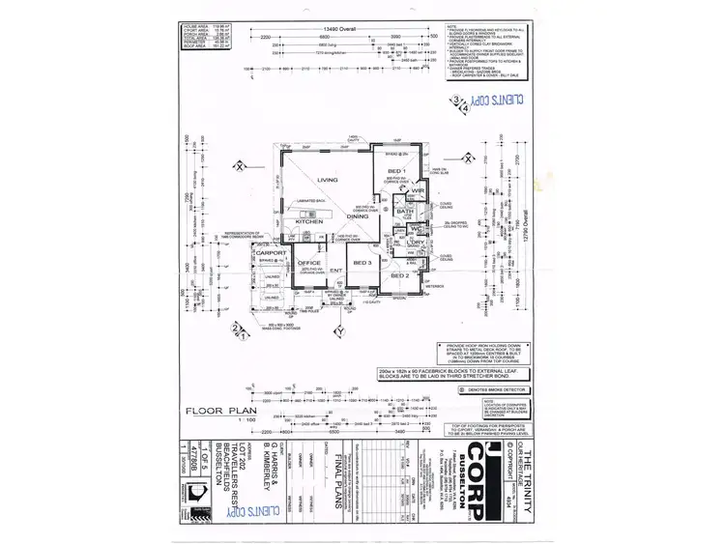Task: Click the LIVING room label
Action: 327,180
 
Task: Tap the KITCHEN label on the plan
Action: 309,221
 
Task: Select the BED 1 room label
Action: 394,170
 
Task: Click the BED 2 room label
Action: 399,275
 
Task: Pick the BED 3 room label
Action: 362,262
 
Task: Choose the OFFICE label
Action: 309,262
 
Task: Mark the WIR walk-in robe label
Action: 404,192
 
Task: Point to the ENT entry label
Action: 336,271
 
